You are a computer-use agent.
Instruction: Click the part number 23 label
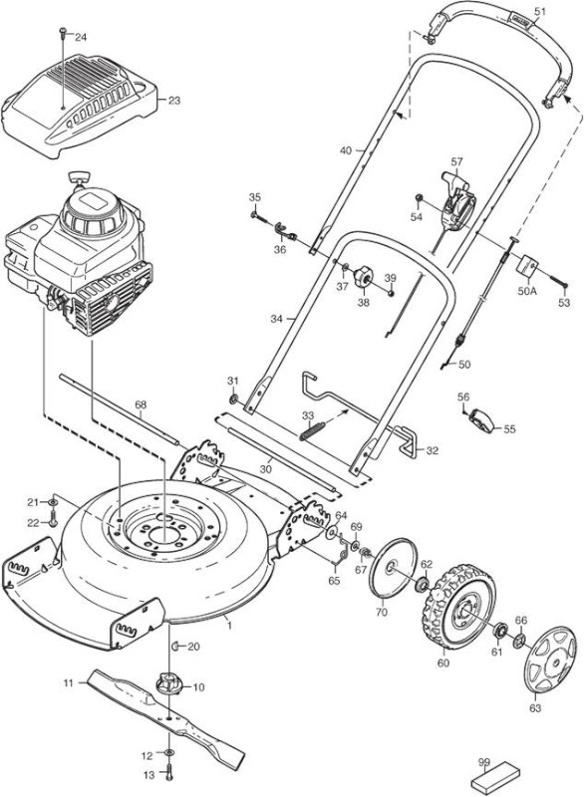click(174, 101)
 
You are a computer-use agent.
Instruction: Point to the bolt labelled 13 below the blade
click(169, 776)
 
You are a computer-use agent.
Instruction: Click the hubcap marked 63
click(550, 660)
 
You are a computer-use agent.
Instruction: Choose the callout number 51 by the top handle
click(540, 11)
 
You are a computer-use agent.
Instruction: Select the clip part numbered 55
click(483, 421)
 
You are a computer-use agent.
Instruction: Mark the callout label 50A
click(527, 292)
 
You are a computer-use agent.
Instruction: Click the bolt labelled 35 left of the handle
click(259, 217)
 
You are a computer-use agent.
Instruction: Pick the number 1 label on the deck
click(229, 626)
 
